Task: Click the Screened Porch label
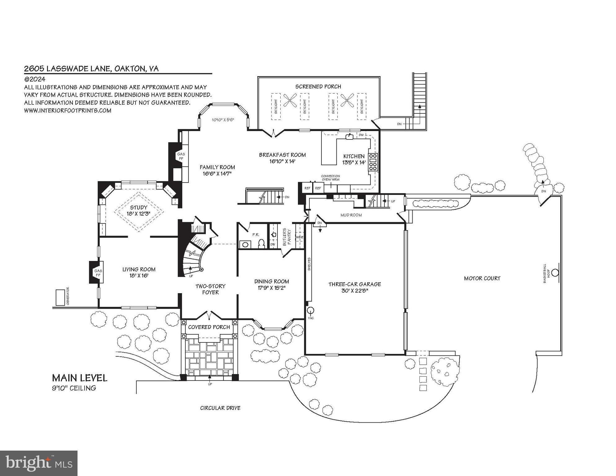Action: [318, 86]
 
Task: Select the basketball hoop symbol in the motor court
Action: [555, 273]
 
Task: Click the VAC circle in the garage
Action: [310, 310]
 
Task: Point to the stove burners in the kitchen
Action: [373, 162]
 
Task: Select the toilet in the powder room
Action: [261, 244]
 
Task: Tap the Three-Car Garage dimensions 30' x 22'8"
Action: [355, 291]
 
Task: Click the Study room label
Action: [139, 207]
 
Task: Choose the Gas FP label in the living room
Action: [98, 273]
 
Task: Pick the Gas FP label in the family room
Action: [181, 156]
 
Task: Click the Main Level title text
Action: [79, 378]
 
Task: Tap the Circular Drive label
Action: [220, 408]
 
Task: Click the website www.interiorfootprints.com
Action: [68, 110]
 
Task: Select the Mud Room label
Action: [351, 215]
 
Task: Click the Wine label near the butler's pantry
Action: [299, 237]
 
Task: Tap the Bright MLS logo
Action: [38, 463]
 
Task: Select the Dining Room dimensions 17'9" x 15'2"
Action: [272, 288]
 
